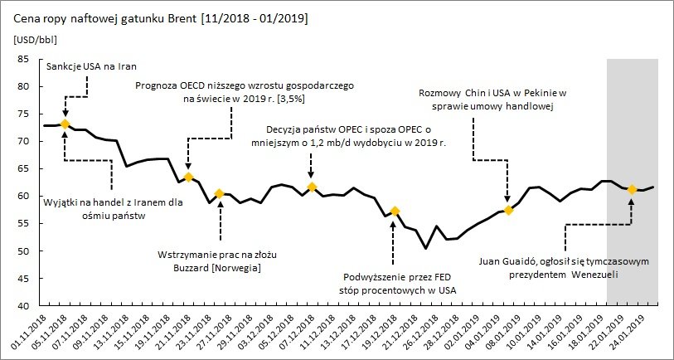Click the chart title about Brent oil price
point(161,19)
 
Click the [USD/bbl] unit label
point(36,40)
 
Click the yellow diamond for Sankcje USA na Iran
point(65,124)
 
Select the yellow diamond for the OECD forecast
point(188,177)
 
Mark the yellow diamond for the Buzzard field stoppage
point(219,194)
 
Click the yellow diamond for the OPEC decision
point(312,187)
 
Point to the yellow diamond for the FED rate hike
point(395,211)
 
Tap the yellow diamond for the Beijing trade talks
point(508,211)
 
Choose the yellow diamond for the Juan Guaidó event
point(632,189)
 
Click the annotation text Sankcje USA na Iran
point(90,66)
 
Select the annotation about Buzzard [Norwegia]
point(217,261)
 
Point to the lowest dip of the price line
point(425,248)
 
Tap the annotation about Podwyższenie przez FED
point(398,283)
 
